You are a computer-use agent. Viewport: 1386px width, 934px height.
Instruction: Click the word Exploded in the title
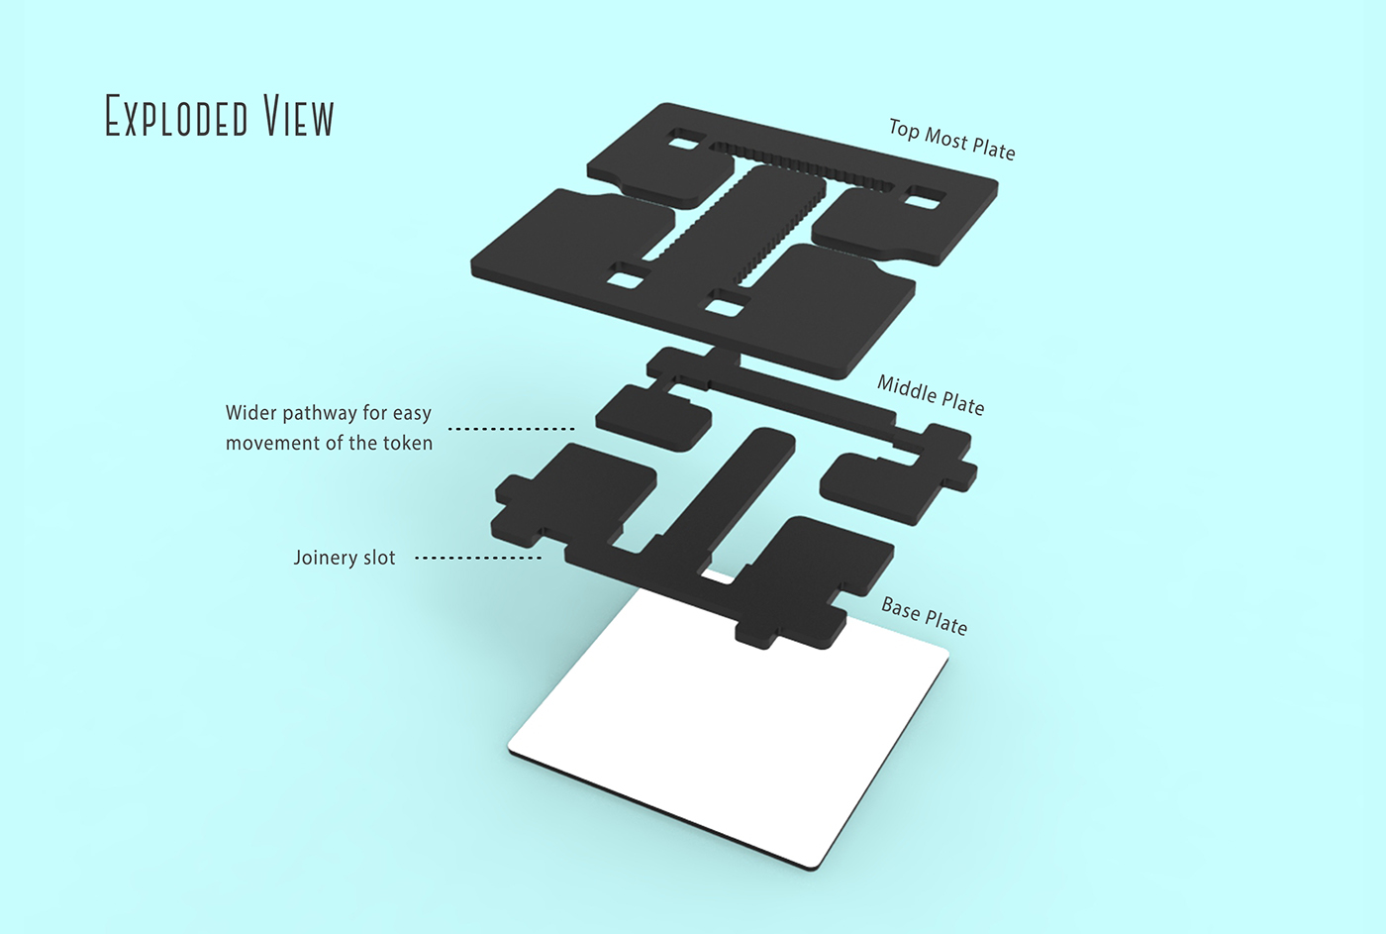(176, 116)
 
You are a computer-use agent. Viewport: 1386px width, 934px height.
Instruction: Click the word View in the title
(299, 116)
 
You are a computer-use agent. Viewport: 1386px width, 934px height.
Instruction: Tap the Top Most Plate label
(951, 140)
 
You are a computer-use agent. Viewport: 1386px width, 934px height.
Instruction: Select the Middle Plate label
(931, 394)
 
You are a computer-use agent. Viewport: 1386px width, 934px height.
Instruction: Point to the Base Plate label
(924, 615)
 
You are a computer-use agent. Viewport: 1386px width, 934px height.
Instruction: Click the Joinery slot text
(344, 558)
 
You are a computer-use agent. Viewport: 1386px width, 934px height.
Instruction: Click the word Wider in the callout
(250, 412)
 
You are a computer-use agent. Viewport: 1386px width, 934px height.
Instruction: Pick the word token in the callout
(407, 443)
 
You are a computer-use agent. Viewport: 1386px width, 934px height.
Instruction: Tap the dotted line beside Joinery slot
(478, 558)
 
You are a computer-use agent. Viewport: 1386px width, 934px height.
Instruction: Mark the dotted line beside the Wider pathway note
(511, 429)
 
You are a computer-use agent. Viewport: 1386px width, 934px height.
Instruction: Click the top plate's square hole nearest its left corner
(627, 277)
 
